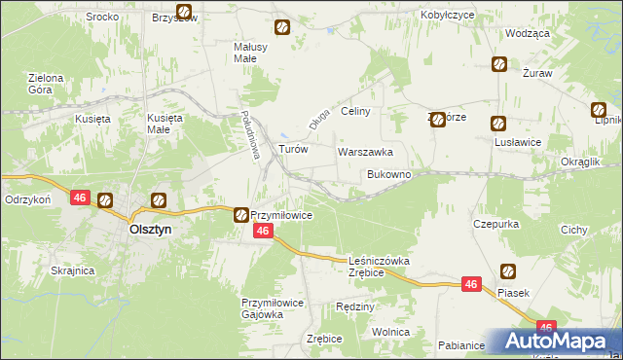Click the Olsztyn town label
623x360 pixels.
click(152, 231)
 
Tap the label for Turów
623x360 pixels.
click(294, 150)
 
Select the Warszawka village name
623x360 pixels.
click(365, 153)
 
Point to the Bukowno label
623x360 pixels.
click(388, 174)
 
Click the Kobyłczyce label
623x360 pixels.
click(448, 16)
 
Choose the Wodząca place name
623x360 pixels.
click(528, 33)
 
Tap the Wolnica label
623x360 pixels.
click(390, 332)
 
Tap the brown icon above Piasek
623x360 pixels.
click(508, 271)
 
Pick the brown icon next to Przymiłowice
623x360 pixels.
click(240, 214)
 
